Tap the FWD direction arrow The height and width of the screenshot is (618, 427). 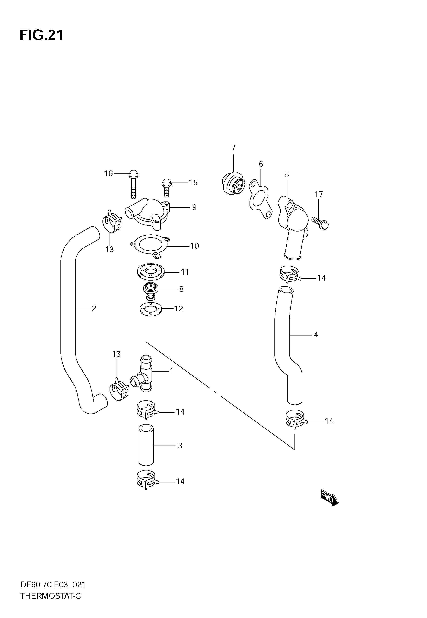click(x=330, y=498)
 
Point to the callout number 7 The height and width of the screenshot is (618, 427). click(x=233, y=148)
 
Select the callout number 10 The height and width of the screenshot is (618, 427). click(x=195, y=246)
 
